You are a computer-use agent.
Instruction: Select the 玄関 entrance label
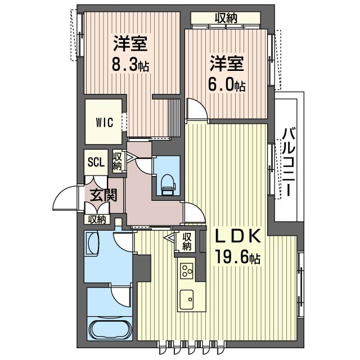(103, 196)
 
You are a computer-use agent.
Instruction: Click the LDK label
(237, 236)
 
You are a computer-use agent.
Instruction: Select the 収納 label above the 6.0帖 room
(225, 18)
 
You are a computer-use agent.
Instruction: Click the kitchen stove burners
(187, 270)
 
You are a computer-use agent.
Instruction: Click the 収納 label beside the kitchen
(187, 241)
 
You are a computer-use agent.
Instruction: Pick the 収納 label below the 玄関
(96, 219)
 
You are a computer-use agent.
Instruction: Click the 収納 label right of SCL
(118, 161)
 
